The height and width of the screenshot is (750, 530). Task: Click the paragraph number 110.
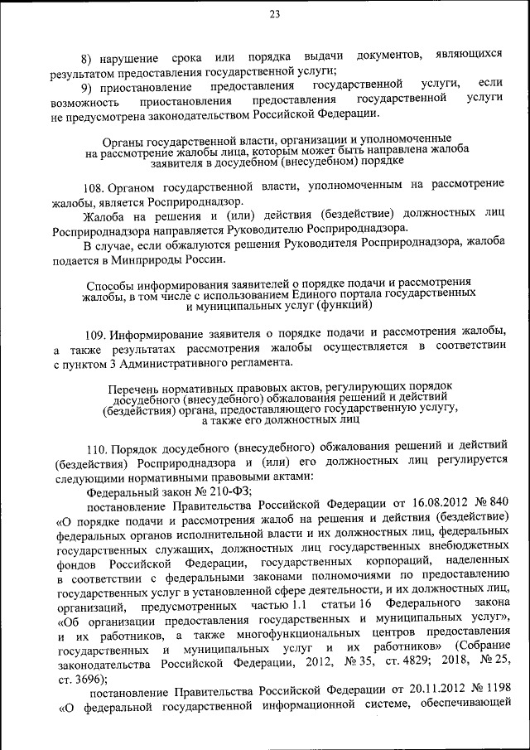[x=97, y=448]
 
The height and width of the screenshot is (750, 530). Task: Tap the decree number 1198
[x=494, y=692]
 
